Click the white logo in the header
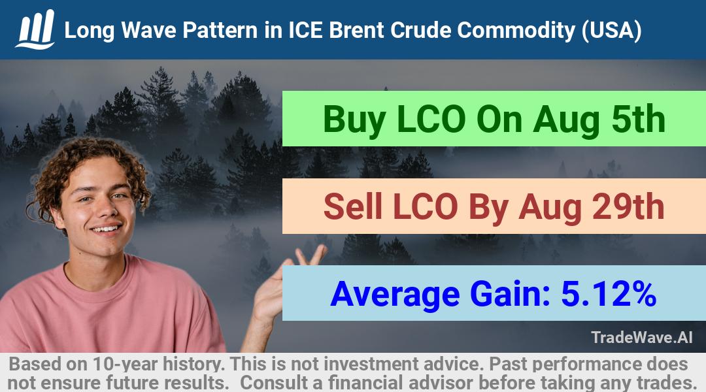coord(35,29)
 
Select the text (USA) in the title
coord(611,31)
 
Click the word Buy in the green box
coord(354,120)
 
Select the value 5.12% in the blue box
coord(609,294)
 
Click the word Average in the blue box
coord(395,295)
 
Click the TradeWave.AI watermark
coord(642,337)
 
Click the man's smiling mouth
coord(106,229)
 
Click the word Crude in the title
coord(420,30)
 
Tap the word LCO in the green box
coord(431,120)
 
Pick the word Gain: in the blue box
coord(510,294)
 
